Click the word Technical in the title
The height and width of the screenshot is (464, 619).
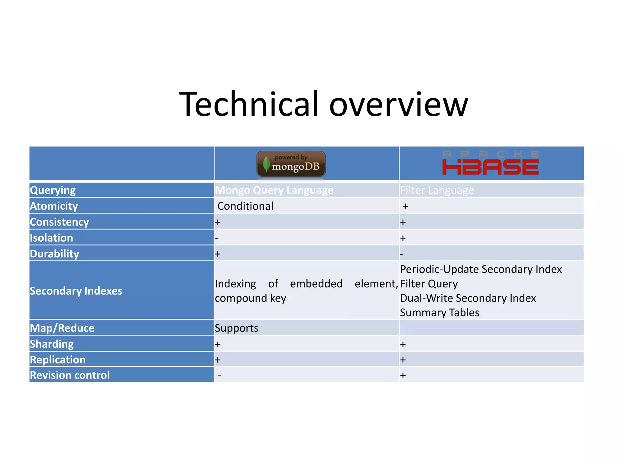[x=249, y=104]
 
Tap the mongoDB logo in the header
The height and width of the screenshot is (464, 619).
[x=291, y=164]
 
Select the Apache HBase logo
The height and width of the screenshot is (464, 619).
[x=490, y=163]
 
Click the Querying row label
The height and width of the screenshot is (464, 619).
[x=53, y=190]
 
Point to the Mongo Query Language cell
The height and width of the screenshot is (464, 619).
[x=274, y=190]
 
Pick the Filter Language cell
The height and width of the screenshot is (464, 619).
[x=437, y=190]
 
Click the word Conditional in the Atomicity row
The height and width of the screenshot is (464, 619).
[x=245, y=206]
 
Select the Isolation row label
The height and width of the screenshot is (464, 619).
[x=51, y=238]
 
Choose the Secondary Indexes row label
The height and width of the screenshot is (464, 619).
[x=76, y=291]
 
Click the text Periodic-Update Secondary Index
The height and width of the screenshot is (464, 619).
[x=481, y=269]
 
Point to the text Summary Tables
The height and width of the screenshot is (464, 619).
[x=439, y=312]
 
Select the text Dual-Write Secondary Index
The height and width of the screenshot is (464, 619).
[x=468, y=298]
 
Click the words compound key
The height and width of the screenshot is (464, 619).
[x=250, y=298]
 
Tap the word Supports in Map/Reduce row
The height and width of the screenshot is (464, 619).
[x=236, y=328]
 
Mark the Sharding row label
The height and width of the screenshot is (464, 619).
[x=52, y=344]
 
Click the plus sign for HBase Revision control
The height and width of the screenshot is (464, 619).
[x=403, y=375]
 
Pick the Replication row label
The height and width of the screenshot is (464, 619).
[x=58, y=359]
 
